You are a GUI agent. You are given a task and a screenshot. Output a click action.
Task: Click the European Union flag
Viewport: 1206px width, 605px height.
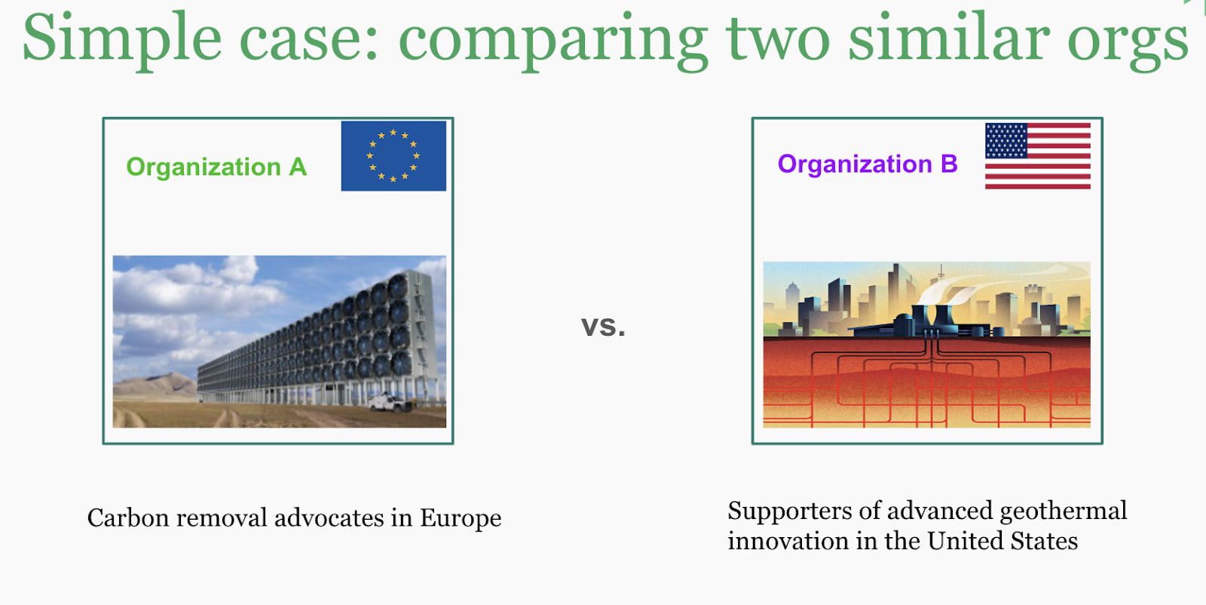[393, 155]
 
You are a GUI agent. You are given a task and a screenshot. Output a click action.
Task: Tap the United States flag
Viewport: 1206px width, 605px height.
[1037, 155]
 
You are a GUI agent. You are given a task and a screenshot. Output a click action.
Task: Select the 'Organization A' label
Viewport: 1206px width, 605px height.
[216, 167]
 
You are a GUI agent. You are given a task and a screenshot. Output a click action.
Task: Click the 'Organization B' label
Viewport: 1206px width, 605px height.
[868, 164]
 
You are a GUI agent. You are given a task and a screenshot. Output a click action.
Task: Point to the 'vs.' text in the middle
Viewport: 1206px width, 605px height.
[603, 326]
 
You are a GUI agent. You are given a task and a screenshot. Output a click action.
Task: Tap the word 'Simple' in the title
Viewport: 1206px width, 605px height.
[122, 38]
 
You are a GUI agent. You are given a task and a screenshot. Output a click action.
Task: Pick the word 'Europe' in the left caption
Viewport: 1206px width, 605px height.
[461, 518]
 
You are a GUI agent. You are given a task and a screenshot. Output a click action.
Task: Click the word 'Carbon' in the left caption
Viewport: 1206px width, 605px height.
[128, 517]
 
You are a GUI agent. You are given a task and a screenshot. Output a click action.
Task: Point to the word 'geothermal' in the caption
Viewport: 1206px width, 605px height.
[1064, 511]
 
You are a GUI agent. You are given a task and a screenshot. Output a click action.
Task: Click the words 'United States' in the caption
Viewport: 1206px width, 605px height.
[1002, 540]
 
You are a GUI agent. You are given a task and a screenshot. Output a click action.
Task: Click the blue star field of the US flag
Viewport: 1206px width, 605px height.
[1006, 140]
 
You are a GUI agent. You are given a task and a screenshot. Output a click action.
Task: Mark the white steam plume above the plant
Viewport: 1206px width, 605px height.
[964, 286]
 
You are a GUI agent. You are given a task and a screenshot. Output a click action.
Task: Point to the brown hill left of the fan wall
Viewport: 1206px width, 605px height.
[155, 386]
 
